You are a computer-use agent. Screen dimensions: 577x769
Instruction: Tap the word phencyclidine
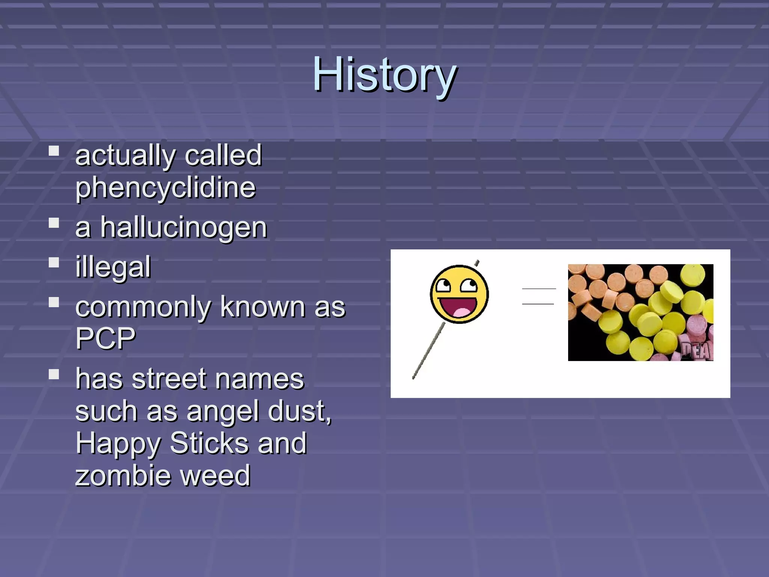coord(165,188)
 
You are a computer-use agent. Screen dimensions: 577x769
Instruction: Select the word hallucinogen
coord(184,228)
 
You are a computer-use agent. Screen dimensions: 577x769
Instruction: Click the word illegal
coord(113,267)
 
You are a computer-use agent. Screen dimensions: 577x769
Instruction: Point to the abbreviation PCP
coord(105,338)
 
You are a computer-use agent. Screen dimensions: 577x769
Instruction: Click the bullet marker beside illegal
coord(54,262)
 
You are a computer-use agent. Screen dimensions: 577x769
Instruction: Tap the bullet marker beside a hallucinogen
coord(54,223)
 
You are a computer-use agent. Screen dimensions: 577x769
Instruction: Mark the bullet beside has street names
coord(54,374)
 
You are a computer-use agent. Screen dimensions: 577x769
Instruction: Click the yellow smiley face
coord(459,293)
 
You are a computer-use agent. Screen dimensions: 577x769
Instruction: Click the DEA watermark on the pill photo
coord(697,351)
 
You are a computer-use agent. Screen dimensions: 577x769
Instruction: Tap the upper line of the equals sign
coord(539,288)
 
